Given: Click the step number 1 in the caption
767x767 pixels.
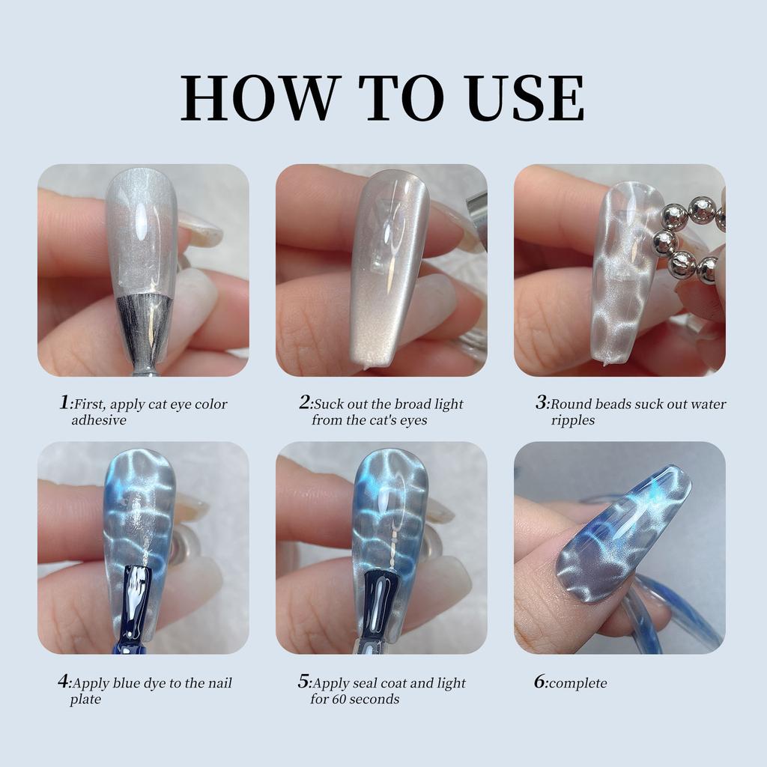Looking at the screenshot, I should pyautogui.click(x=64, y=403).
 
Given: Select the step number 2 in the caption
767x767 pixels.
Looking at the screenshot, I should pyautogui.click(x=304, y=403).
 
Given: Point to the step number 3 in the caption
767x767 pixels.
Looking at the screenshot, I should pyautogui.click(x=542, y=403).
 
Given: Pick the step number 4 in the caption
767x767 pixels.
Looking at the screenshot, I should pyautogui.click(x=64, y=682).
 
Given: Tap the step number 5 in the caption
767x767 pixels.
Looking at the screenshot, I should pyautogui.click(x=303, y=682).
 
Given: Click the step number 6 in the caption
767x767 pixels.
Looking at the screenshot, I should pyautogui.click(x=539, y=682).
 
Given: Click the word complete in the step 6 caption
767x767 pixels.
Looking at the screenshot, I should pyautogui.click(x=577, y=684).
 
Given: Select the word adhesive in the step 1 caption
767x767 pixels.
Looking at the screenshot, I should pyautogui.click(x=99, y=420).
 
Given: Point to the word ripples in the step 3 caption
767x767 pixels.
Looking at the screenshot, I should pyautogui.click(x=573, y=420).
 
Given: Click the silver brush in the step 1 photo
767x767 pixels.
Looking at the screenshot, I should pyautogui.click(x=143, y=330).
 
